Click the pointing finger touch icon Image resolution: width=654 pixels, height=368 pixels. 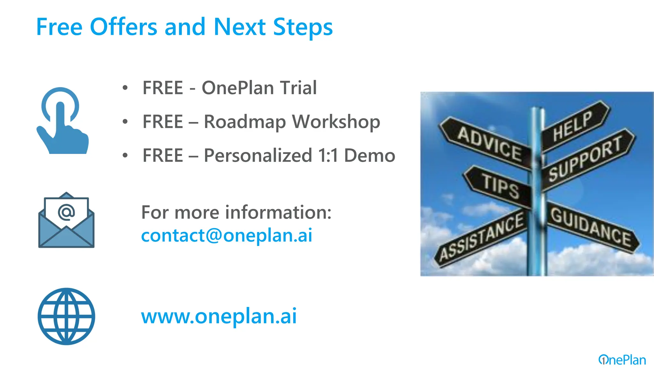62,121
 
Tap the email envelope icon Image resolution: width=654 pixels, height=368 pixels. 66,220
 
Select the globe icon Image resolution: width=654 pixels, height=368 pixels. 66,316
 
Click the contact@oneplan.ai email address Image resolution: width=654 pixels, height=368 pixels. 227,236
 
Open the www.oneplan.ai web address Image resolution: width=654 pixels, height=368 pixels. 219,316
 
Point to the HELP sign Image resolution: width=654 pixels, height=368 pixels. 573,126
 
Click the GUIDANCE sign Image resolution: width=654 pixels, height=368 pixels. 591,227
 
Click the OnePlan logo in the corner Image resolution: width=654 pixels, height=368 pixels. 622,360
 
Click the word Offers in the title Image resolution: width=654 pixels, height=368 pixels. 124,27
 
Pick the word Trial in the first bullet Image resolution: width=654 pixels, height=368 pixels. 299,88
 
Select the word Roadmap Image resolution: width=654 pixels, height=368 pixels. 245,122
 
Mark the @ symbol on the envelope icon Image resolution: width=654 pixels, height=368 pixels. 66,212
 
